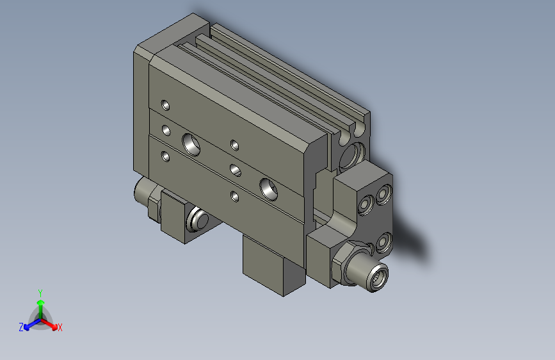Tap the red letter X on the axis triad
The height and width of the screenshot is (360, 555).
point(60,328)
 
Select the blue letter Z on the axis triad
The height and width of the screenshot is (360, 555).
point(21,327)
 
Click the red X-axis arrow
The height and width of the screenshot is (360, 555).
point(51,323)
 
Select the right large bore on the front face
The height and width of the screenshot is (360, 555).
point(269,187)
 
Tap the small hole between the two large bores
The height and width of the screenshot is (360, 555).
point(235,170)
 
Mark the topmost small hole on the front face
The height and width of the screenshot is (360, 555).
point(166,104)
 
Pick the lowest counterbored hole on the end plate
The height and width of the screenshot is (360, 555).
point(384,243)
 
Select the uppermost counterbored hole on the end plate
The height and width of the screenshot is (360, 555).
point(384,193)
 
